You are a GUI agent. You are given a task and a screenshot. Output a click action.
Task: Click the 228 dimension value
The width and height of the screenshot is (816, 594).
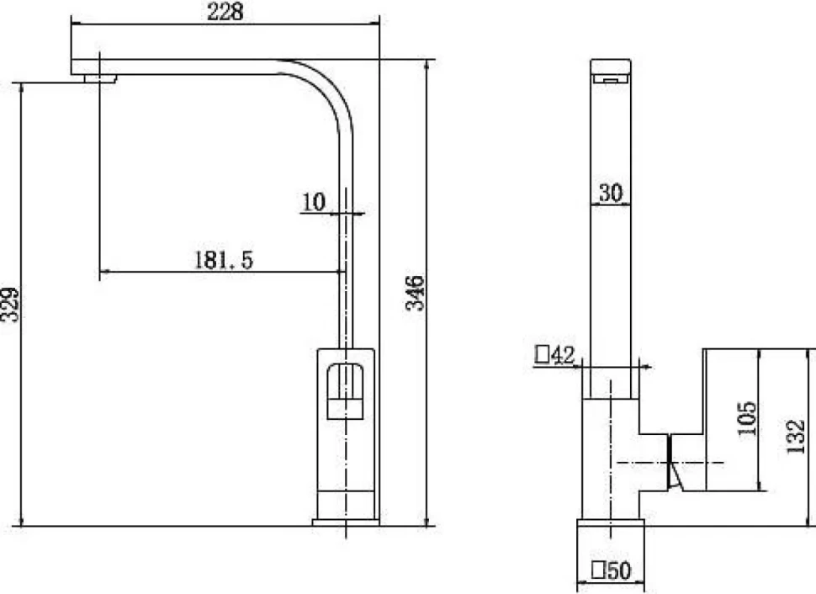[x=225, y=12]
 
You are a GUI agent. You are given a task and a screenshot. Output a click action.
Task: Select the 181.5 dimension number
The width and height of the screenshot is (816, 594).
[x=224, y=260]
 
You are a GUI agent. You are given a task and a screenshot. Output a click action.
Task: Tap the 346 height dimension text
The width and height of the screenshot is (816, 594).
[x=416, y=293]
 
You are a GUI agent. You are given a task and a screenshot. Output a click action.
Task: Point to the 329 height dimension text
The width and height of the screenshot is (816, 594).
[x=10, y=305]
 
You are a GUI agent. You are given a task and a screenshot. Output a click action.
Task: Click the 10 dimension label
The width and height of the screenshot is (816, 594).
[x=313, y=203]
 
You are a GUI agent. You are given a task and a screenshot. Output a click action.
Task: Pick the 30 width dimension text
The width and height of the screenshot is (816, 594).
[x=611, y=193]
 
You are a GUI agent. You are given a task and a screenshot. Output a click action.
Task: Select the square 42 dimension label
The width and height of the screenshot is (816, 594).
[x=554, y=355]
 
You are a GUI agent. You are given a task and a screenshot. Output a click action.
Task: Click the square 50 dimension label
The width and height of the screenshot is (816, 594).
[x=612, y=570]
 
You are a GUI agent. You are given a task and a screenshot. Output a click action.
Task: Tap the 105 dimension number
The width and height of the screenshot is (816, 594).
[x=747, y=419]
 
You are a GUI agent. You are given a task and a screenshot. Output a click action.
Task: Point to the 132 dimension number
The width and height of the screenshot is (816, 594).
[x=796, y=437]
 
